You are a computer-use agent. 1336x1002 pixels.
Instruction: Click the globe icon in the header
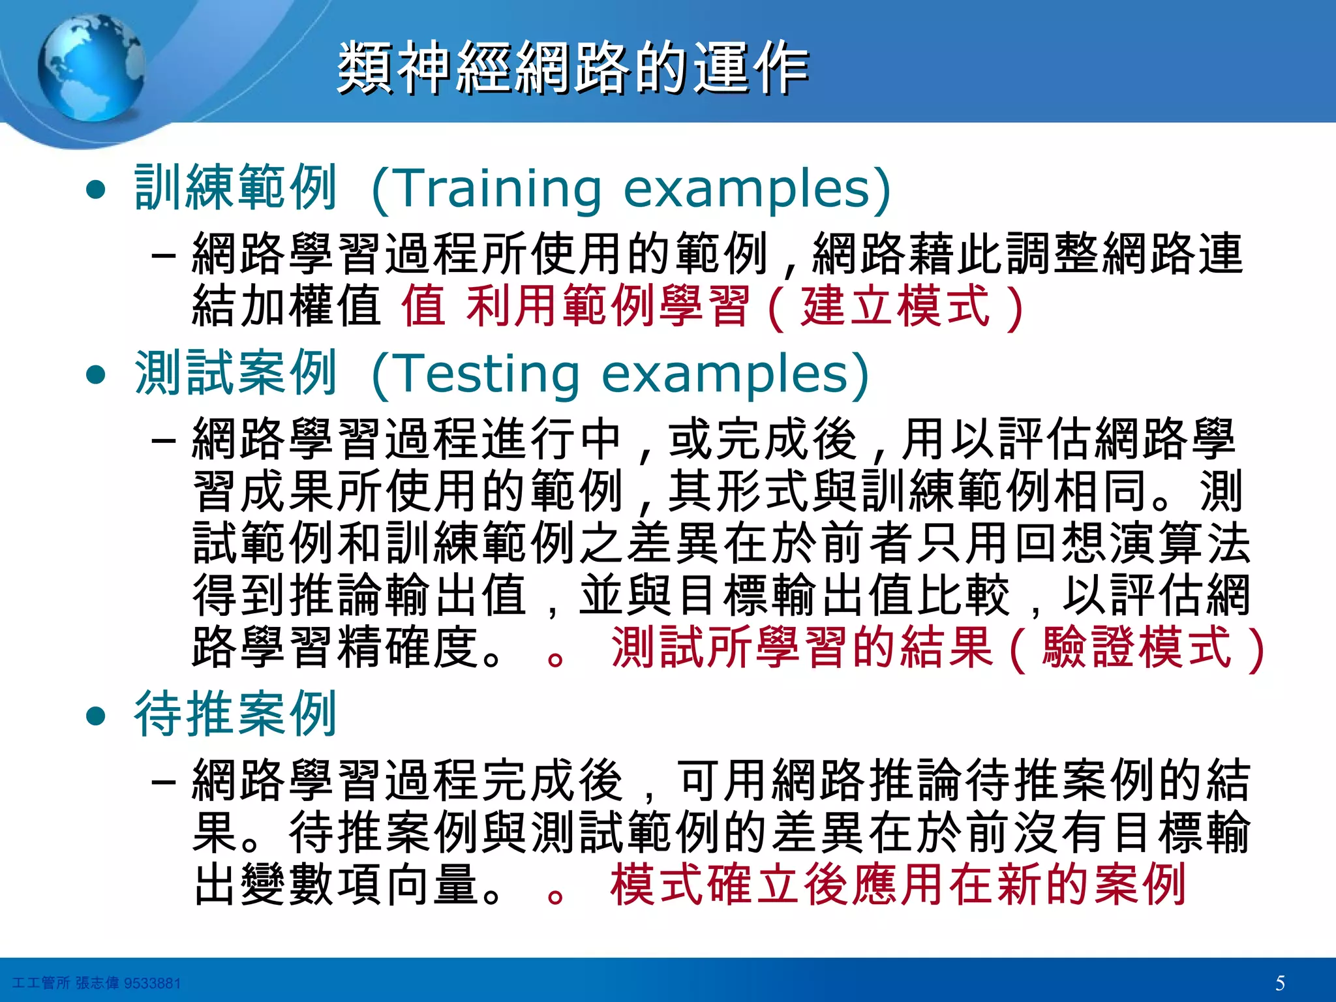(91, 68)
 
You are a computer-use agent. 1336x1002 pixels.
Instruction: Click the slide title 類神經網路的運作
(573, 68)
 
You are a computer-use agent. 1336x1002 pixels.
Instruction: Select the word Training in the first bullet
(498, 189)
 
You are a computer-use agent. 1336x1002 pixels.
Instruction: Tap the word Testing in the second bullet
(487, 374)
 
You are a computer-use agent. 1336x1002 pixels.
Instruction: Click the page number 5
(1280, 982)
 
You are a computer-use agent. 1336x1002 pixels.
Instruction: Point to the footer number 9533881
(152, 983)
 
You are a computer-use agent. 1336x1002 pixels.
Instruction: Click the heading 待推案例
(235, 714)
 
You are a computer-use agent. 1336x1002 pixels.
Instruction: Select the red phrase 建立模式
(896, 306)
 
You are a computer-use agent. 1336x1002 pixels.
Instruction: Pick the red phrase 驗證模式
(1136, 648)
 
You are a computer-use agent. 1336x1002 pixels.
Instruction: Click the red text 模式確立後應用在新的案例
(898, 885)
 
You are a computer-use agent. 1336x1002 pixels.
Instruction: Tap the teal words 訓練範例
(235, 189)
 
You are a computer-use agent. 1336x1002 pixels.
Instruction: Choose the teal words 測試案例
(235, 374)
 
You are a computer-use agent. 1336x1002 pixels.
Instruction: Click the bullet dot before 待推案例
(96, 716)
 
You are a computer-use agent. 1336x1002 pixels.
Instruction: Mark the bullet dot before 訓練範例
(96, 190)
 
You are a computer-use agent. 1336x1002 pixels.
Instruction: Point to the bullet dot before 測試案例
(96, 374)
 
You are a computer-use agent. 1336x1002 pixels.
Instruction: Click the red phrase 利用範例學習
(607, 306)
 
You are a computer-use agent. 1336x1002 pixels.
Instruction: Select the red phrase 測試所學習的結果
(802, 648)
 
